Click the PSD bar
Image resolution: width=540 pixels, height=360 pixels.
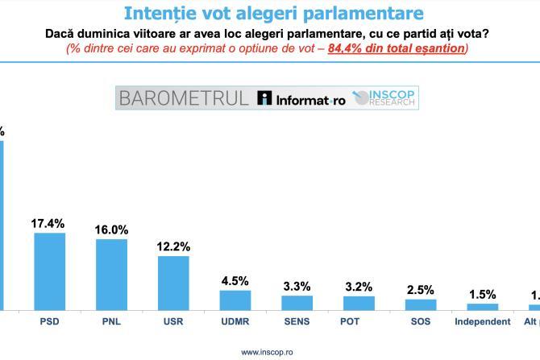click(49, 271)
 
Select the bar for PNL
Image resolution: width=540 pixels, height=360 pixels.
click(111, 274)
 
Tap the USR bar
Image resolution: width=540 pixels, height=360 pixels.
click(173, 283)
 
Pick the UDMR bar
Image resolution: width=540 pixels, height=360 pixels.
click(235, 300)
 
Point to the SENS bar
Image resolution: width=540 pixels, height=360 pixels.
click(297, 303)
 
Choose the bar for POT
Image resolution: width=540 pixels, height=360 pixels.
click(359, 303)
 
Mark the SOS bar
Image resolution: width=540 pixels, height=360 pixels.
click(421, 304)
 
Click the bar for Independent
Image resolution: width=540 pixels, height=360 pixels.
click(482, 307)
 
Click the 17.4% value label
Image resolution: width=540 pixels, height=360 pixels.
click(48, 223)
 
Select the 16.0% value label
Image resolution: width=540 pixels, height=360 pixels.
click(111, 230)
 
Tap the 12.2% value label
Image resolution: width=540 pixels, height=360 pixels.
click(173, 246)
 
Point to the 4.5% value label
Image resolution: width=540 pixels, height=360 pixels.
click(235, 280)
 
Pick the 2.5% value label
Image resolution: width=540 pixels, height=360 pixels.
click(421, 290)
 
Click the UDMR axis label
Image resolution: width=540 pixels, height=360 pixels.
click(235, 321)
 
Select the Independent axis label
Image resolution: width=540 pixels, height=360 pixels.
click(482, 321)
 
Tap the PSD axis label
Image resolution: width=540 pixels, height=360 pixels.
click(49, 321)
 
